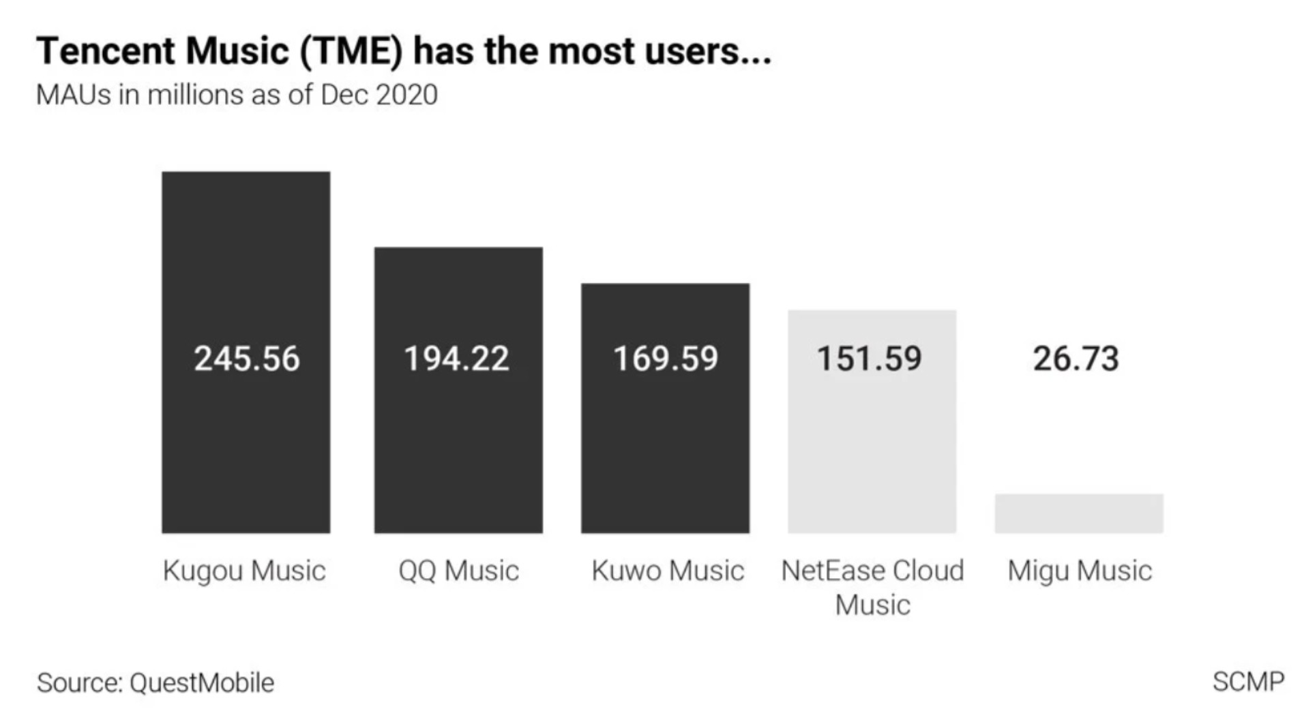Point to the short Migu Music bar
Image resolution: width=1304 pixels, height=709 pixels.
[1079, 513]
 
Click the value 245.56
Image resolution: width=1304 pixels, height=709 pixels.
[246, 359]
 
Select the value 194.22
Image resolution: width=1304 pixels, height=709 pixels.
[456, 359]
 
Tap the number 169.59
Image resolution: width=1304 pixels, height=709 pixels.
[666, 359]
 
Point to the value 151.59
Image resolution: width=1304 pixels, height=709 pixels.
[870, 359]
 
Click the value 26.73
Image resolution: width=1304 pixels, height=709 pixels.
[1076, 359]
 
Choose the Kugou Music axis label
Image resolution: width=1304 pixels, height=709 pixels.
[244, 571]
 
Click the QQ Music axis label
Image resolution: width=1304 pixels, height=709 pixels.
[458, 571]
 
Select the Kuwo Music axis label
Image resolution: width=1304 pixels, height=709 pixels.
[668, 571]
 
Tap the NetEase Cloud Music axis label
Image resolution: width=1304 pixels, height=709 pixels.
[872, 587]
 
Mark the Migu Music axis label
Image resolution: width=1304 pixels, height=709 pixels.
[1080, 571]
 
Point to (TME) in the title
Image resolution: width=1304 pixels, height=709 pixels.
[350, 51]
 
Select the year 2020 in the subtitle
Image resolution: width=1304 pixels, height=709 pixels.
[406, 95]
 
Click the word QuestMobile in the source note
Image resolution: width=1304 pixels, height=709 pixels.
[202, 682]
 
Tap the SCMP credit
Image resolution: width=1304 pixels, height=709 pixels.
[1248, 681]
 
